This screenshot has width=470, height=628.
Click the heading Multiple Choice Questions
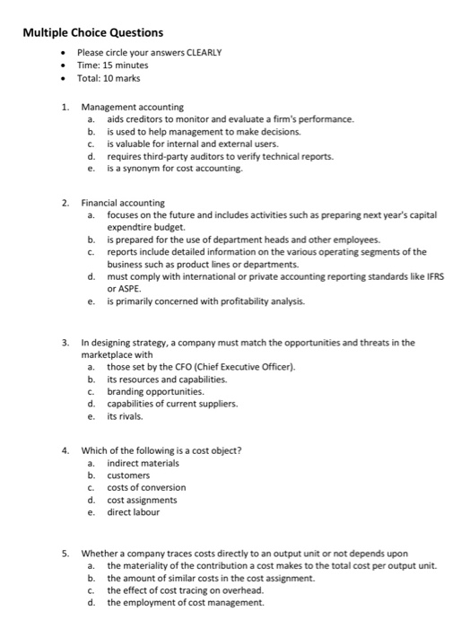pyautogui.click(x=93, y=33)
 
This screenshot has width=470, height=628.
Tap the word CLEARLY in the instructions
pyautogui.click(x=204, y=53)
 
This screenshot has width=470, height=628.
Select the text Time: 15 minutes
pyautogui.click(x=113, y=65)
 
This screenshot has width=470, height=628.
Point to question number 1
pyautogui.click(x=65, y=107)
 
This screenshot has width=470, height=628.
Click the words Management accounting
pyautogui.click(x=132, y=107)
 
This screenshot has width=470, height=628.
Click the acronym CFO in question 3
pyautogui.click(x=160, y=366)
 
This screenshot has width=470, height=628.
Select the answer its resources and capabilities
pyautogui.click(x=167, y=379)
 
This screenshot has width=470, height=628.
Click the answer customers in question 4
pyautogui.click(x=128, y=475)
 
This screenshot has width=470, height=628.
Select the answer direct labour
pyautogui.click(x=133, y=512)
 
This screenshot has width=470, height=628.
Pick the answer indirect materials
pyautogui.click(x=143, y=463)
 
